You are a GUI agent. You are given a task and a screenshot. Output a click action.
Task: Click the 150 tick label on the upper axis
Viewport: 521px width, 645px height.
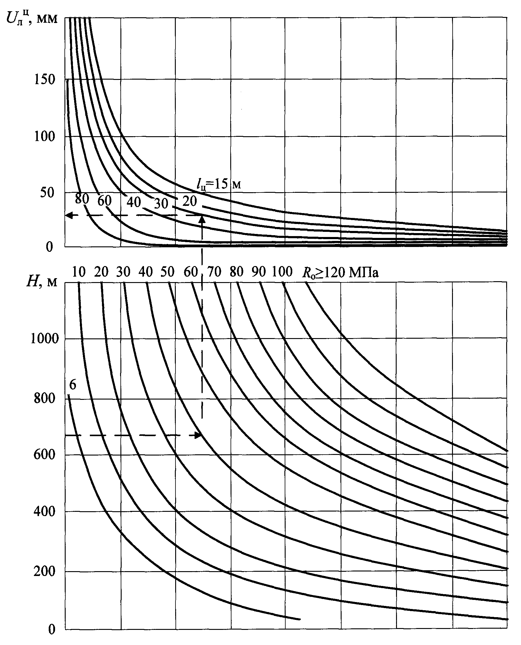[x=44, y=80]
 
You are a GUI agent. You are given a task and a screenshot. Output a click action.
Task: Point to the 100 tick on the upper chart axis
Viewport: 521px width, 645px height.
[x=44, y=137]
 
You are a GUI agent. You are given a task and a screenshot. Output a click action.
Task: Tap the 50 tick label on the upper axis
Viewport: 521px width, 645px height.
[x=48, y=192]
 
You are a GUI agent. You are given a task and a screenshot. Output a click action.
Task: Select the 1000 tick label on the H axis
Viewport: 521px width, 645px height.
[x=44, y=338]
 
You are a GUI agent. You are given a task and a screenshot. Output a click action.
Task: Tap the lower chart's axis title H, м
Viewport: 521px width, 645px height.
[x=41, y=282]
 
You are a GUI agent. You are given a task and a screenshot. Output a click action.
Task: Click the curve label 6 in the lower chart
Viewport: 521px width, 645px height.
[x=73, y=385]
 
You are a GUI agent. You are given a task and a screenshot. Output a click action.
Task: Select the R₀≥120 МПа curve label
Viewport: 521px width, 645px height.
[x=340, y=273]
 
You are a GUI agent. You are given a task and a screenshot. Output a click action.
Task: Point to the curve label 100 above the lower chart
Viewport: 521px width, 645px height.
[x=282, y=272]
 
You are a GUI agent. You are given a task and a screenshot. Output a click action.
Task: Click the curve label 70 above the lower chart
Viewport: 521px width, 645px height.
[x=215, y=272]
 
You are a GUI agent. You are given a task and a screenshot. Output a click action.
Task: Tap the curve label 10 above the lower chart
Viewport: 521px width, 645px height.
[x=79, y=272]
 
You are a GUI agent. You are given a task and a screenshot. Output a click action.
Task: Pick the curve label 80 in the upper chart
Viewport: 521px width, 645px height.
[x=82, y=199]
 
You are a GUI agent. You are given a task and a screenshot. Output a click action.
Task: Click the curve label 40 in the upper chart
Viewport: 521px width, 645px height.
[x=134, y=202]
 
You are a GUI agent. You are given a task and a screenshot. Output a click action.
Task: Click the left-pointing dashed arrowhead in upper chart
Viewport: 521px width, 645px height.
[x=69, y=215]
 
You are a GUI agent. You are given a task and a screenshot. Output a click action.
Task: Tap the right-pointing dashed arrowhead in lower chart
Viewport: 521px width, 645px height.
[x=198, y=435]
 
